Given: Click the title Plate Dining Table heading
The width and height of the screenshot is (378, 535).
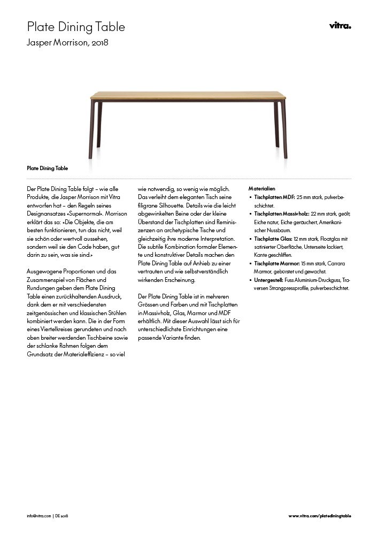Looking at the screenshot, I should tap(76, 26).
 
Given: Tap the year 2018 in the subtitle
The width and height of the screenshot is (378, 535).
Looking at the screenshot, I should tap(101, 42).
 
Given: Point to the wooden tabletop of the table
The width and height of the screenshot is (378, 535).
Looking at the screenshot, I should tap(188, 95).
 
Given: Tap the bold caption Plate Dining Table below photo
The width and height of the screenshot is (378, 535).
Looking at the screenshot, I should tap(47, 168).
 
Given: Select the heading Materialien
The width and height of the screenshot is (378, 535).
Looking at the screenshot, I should tap(262, 189).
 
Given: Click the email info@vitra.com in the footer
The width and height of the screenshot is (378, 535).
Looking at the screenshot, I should tap(38, 516).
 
